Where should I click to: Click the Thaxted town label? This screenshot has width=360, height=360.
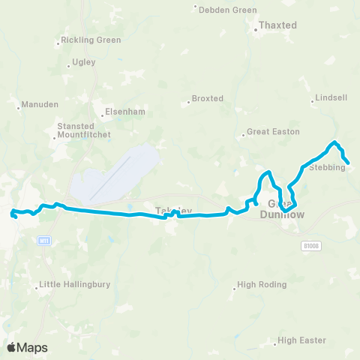click(x=277, y=25)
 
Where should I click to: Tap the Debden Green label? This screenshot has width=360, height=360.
click(x=228, y=10)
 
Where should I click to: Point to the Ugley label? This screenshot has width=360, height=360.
click(x=83, y=62)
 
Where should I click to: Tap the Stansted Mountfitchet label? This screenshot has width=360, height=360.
click(x=84, y=130)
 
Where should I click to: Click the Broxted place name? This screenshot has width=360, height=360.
click(x=207, y=98)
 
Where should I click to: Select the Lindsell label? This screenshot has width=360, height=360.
click(x=330, y=98)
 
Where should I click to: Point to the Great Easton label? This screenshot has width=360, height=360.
click(x=273, y=132)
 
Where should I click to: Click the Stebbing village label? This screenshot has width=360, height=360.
click(x=327, y=167)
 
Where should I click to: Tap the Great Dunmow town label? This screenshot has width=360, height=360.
click(x=281, y=209)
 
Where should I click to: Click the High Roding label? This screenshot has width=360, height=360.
click(x=256, y=285)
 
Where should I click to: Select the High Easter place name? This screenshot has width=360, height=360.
click(x=301, y=340)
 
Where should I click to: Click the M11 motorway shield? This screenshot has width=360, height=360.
click(x=44, y=240)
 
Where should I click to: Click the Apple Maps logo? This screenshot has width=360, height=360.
click(x=27, y=347)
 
